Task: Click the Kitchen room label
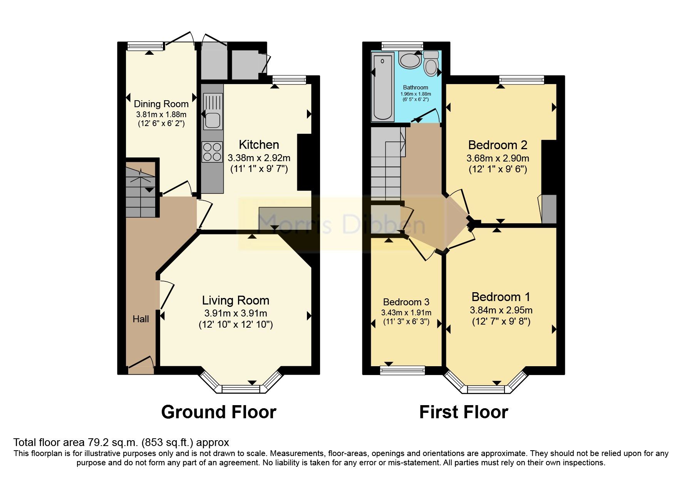pyautogui.click(x=259, y=145)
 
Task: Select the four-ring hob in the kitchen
pyautogui.click(x=212, y=151)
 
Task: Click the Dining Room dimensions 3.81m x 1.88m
pyautogui.click(x=161, y=114)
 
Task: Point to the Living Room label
pyautogui.click(x=235, y=300)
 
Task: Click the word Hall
pyautogui.click(x=141, y=319)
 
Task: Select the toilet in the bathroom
pyautogui.click(x=431, y=64)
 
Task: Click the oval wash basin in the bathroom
pyautogui.click(x=410, y=61)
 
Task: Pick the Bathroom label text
pyautogui.click(x=416, y=88)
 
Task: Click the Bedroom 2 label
pyautogui.click(x=498, y=145)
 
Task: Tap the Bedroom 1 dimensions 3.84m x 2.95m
pyautogui.click(x=501, y=310)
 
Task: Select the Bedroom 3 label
pyautogui.click(x=406, y=302)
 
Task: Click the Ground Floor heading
pyautogui.click(x=218, y=412)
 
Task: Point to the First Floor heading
pyautogui.click(x=463, y=412)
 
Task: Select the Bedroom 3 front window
pyautogui.click(x=402, y=370)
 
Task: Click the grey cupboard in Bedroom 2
pyautogui.click(x=549, y=209)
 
